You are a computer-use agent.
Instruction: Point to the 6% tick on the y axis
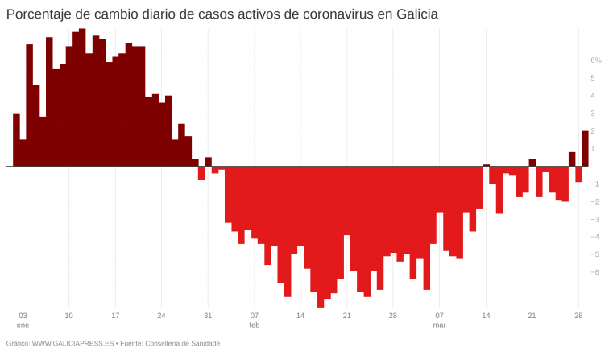pyautogui.click(x=596, y=60)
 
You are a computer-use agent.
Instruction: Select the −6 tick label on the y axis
pyautogui.click(x=594, y=272)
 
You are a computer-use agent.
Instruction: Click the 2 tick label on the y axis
pyautogui.click(x=593, y=131)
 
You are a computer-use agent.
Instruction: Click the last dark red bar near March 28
pyautogui.click(x=585, y=149)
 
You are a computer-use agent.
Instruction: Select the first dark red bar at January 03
pyautogui.click(x=16, y=139)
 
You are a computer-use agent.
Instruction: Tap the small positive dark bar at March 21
pyautogui.click(x=532, y=163)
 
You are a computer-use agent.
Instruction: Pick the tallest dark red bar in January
pyautogui.click(x=82, y=97)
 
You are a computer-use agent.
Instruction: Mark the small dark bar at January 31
pyautogui.click(x=208, y=162)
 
